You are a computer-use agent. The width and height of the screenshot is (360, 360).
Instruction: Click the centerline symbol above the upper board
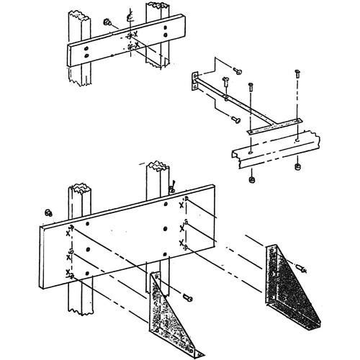click(130, 15)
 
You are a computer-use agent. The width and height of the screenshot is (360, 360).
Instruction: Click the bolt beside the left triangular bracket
click(189, 296)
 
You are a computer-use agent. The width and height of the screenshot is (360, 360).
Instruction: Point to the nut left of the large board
click(48, 212)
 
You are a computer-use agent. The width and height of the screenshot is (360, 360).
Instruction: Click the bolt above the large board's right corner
click(173, 188)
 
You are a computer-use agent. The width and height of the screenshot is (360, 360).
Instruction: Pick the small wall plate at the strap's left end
click(196, 81)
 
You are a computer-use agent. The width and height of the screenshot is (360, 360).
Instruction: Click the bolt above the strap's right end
click(297, 73)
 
